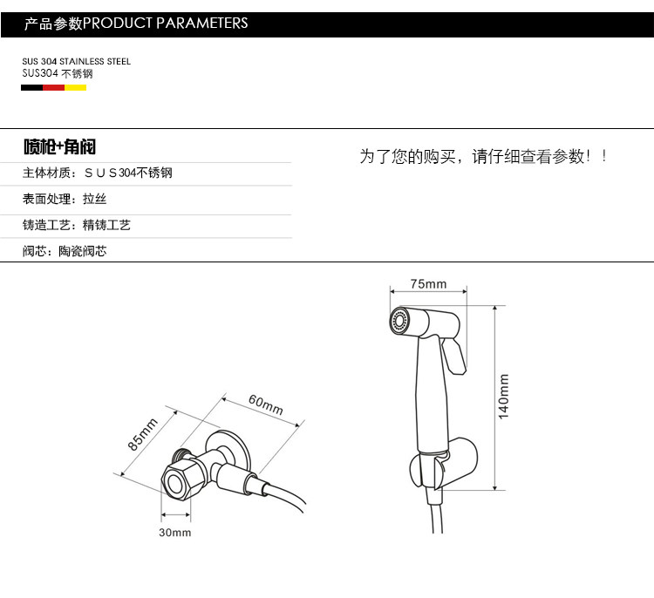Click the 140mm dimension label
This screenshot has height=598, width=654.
coord(503,397)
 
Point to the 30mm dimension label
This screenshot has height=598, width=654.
coord(175,533)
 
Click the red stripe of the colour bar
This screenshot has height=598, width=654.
coord(54,87)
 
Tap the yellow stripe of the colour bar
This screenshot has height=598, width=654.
coord(76,87)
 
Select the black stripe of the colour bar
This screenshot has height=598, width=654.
coord(32,87)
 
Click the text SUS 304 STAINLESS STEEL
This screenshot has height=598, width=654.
coord(76,62)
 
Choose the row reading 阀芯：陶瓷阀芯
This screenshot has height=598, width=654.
coord(65,251)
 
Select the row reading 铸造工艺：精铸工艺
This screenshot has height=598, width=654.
coord(77,225)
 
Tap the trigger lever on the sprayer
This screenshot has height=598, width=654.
coord(453,355)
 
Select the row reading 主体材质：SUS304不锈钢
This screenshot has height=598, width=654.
coord(97,173)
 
